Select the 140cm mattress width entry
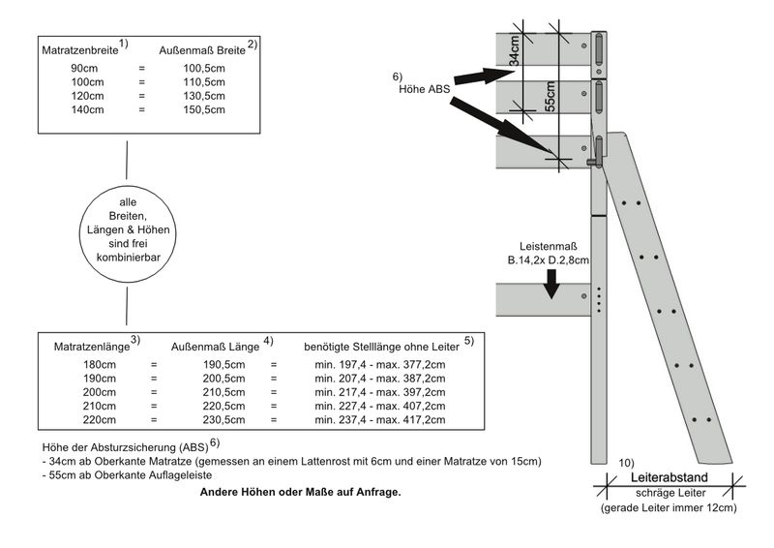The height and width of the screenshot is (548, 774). coord(84,109)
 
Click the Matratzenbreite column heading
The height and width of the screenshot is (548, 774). coord(79,48)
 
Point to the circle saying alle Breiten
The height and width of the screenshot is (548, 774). coord(128,229)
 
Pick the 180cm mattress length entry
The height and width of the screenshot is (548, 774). coord(100,364)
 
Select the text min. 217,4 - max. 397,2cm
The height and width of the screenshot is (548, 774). coord(380,392)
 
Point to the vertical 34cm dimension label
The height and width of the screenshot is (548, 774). coord(516,47)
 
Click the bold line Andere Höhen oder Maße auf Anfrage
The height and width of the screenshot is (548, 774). coord(300,492)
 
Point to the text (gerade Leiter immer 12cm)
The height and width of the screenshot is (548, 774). coord(669,507)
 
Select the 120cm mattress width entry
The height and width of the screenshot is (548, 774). coord(84,96)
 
